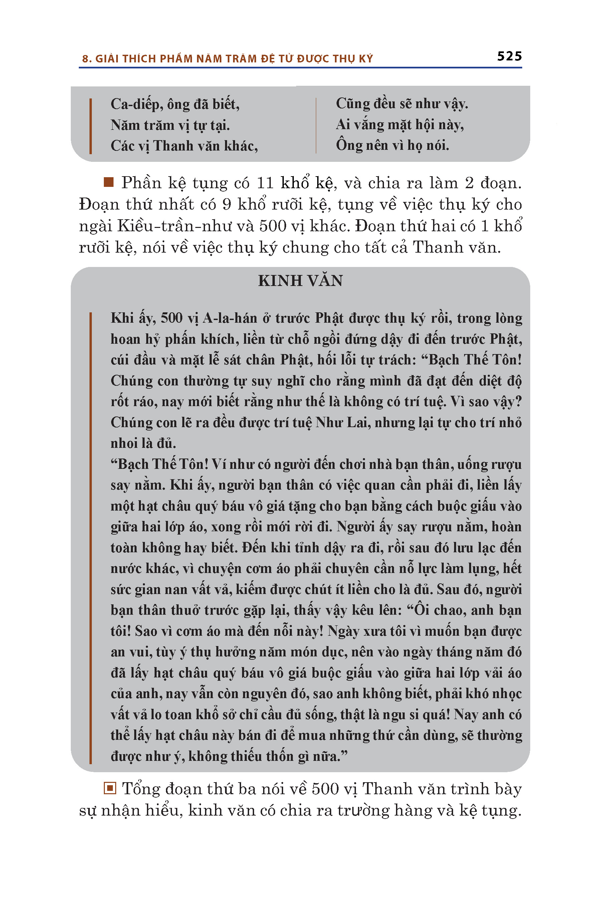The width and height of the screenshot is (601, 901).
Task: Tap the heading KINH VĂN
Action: point(300,281)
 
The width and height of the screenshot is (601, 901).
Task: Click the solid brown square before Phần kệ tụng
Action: point(109,182)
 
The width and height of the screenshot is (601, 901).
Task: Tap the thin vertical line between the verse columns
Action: point(316,125)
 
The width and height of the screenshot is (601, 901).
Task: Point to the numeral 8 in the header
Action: point(85,59)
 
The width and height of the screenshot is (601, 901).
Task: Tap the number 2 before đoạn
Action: point(469,183)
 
